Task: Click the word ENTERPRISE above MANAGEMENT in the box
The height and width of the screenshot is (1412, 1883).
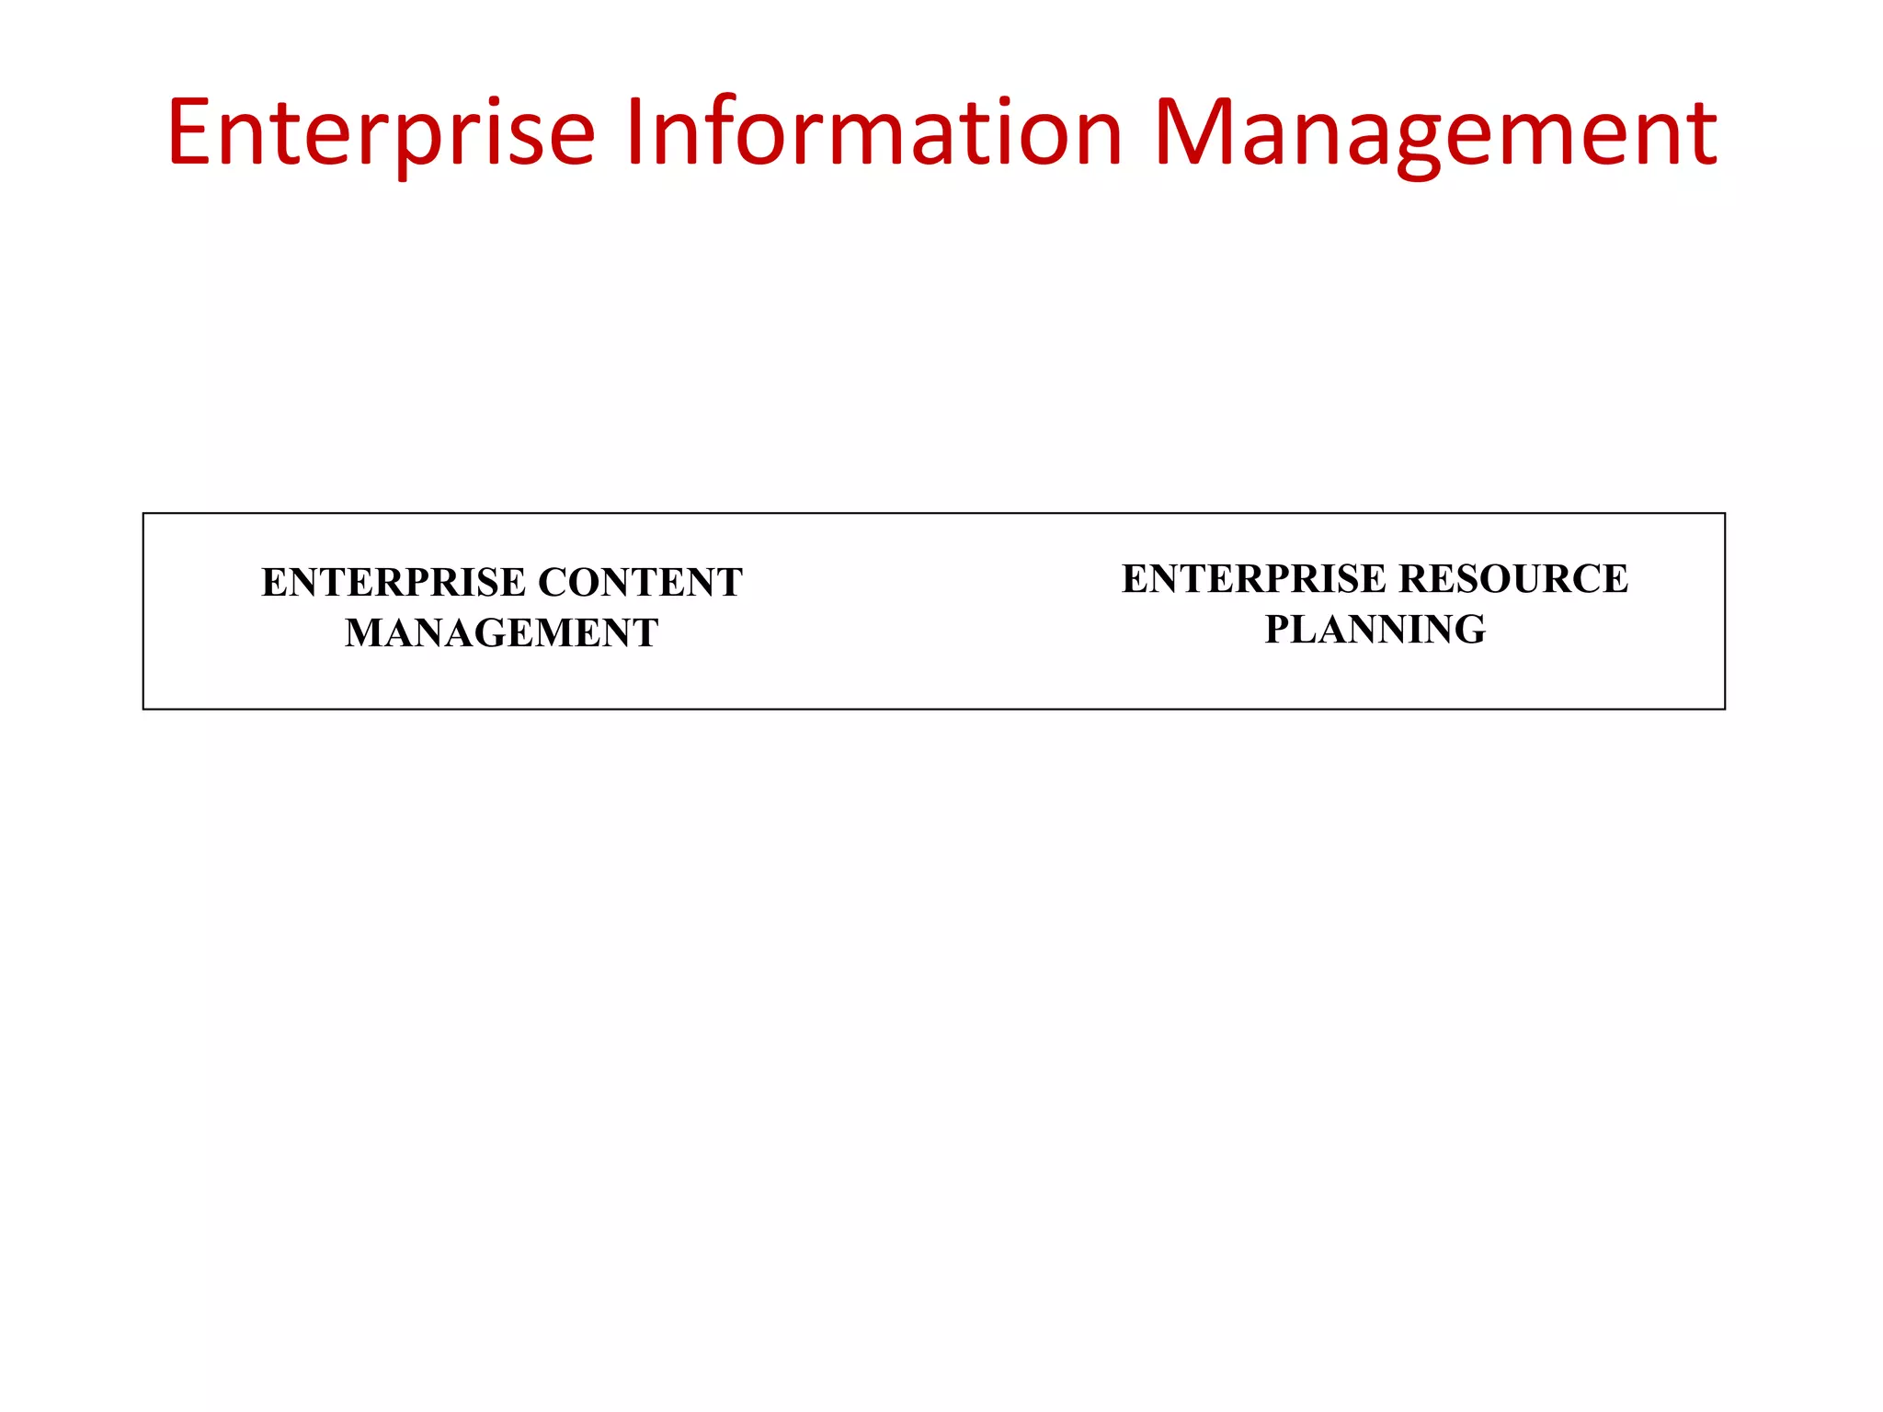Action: [394, 583]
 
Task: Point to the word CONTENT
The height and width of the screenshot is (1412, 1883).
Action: [640, 583]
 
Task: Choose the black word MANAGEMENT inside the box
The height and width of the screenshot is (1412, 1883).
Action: [501, 633]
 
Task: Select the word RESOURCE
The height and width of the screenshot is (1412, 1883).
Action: [1513, 579]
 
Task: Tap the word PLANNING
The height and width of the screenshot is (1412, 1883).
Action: [1375, 630]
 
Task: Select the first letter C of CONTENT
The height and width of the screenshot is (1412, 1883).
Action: [553, 583]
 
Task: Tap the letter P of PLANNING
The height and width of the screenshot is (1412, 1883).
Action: [1279, 630]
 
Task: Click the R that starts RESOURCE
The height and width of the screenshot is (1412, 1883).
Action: [1414, 579]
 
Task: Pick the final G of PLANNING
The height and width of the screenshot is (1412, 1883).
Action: [1468, 630]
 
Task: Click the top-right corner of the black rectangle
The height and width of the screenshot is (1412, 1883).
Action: [1724, 514]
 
